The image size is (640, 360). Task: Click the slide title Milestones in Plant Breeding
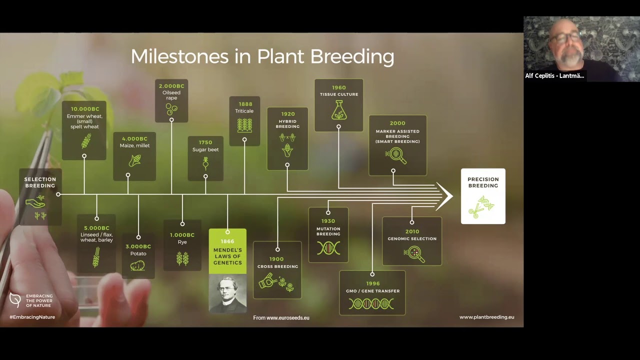(x=262, y=56)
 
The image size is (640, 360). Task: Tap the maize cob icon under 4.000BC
(x=134, y=160)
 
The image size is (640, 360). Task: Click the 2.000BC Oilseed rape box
(x=171, y=100)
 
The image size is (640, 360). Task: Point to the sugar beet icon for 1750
(x=205, y=163)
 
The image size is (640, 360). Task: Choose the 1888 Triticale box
(x=244, y=120)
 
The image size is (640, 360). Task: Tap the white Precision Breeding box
(x=483, y=196)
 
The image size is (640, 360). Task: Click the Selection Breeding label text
(x=40, y=182)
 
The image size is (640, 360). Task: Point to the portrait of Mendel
(x=227, y=293)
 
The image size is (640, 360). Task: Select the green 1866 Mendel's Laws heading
(x=227, y=252)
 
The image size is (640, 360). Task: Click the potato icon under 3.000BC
(x=137, y=265)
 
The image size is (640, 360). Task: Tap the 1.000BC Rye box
(x=182, y=245)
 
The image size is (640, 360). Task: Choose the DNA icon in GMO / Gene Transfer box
(x=371, y=303)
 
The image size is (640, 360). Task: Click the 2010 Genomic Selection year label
(x=412, y=231)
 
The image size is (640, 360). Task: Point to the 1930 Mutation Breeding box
(x=328, y=234)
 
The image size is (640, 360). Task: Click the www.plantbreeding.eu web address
(x=486, y=317)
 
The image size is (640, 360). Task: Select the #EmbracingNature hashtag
(x=32, y=317)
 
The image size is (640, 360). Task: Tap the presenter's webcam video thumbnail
(x=581, y=48)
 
